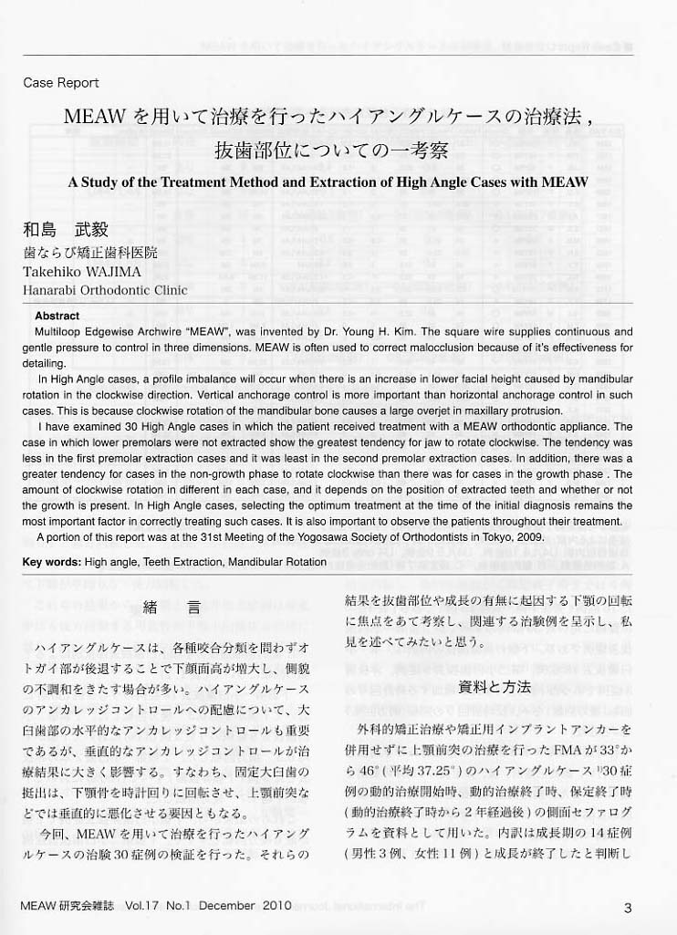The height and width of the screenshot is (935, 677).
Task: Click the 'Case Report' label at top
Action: coord(60,83)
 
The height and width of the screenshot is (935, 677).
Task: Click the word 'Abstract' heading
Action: coord(57,316)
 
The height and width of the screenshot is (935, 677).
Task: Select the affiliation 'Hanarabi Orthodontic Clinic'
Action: coord(105,291)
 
